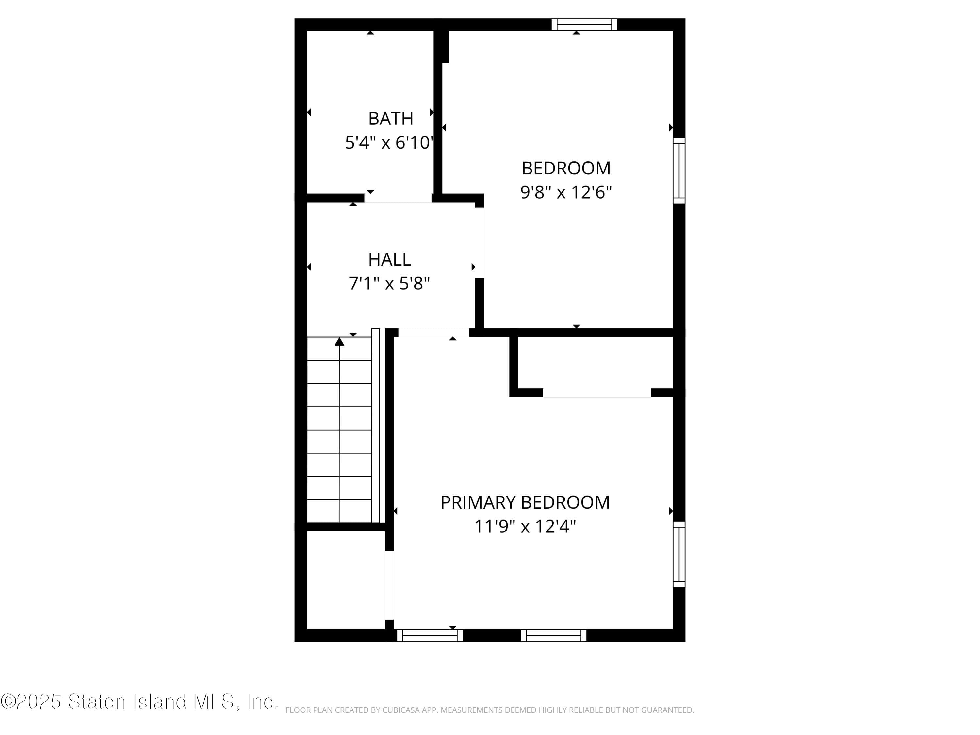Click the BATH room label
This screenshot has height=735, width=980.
(390, 118)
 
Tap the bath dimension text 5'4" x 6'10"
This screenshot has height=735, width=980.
(388, 143)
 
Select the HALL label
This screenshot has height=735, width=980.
(389, 259)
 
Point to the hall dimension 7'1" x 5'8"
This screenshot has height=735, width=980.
(389, 284)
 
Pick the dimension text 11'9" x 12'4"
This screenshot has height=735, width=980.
(525, 527)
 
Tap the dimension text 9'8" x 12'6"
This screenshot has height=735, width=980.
(566, 192)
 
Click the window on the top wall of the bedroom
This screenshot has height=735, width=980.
(584, 24)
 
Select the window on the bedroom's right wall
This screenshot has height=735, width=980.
(679, 171)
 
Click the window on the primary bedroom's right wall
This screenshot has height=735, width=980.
(679, 554)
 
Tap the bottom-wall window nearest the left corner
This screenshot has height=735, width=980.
(429, 635)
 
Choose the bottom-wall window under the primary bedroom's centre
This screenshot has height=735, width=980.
(553, 635)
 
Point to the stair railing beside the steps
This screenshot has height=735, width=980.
(376, 425)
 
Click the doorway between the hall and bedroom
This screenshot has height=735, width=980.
(479, 243)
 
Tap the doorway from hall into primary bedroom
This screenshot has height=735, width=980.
(434, 332)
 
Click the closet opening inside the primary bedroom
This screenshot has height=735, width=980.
(597, 393)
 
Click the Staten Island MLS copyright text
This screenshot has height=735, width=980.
(139, 701)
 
